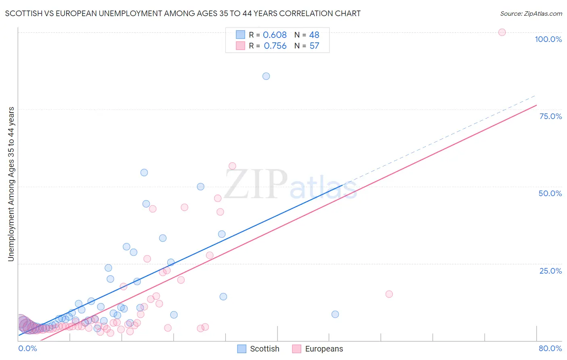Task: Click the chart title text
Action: [x=183, y=13]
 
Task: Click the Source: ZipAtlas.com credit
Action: [x=531, y=13]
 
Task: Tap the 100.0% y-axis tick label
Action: [x=548, y=39]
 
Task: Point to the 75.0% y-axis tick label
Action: [x=550, y=116]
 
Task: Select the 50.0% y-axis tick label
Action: [x=550, y=193]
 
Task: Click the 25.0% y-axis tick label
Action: [x=550, y=271]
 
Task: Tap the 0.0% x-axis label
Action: [x=27, y=348]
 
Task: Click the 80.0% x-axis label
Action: [x=550, y=348]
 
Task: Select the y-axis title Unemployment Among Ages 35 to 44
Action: [x=11, y=184]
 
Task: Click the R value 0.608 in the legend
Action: [x=275, y=35]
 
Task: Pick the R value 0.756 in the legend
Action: [x=275, y=46]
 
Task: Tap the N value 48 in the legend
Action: [x=314, y=35]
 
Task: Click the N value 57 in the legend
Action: [x=314, y=46]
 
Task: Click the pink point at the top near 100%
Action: [x=502, y=32]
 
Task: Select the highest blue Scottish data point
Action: [x=266, y=76]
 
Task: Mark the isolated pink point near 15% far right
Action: [x=389, y=294]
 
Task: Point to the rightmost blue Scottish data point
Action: [x=335, y=314]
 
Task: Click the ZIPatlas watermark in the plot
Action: [x=290, y=185]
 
